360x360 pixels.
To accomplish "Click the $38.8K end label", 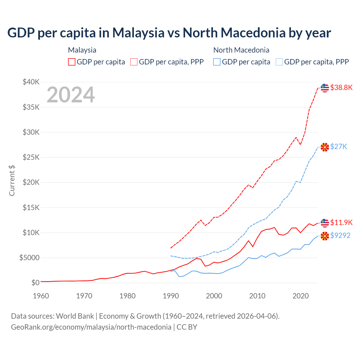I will [x=341, y=87].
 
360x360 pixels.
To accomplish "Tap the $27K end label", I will [x=339, y=147].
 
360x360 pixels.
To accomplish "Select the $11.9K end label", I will [x=341, y=222].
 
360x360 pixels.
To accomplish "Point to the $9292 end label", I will [x=340, y=235].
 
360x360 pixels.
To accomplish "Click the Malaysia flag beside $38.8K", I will [x=325, y=88].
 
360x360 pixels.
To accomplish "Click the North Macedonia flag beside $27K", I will [x=325, y=147].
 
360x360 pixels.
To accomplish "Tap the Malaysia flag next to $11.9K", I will [x=325, y=223].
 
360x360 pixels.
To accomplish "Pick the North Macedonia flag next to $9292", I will [x=325, y=236].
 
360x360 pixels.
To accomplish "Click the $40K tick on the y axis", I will [x=31, y=82].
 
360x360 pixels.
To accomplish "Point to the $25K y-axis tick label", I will [x=31, y=157].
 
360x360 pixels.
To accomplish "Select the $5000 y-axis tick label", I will [x=29, y=258].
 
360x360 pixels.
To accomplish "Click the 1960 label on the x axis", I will [x=41, y=296].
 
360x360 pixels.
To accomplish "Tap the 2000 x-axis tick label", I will [x=214, y=296].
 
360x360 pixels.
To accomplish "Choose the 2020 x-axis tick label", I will [x=301, y=296].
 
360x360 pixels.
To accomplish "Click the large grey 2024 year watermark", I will [x=71, y=95].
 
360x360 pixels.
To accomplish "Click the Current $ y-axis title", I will [x=12, y=181].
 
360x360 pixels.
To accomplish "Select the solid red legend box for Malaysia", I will [x=72, y=62].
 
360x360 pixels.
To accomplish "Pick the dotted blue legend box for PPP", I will [x=279, y=62].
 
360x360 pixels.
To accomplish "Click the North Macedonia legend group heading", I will [x=241, y=50].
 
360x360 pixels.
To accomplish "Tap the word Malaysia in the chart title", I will [x=138, y=33].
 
